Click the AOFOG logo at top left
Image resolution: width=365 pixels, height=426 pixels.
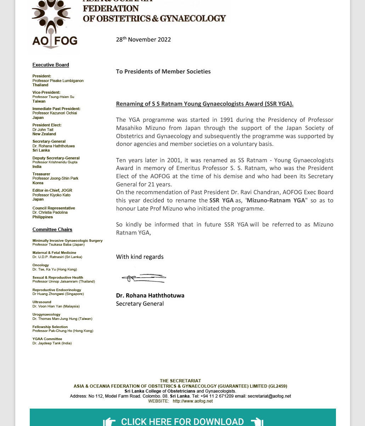pos(55,25)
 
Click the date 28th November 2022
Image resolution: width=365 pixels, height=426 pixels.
pos(143,39)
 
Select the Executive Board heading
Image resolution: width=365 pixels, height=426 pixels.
pos(51,65)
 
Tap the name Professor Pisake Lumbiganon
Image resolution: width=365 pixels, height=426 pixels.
pos(58,81)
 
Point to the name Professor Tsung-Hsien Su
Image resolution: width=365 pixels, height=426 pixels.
pos(53,97)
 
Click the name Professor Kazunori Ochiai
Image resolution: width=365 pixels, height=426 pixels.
pos(55,113)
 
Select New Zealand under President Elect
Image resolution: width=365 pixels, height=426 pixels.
pos(44,134)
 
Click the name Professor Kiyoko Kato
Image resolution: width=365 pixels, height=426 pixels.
pos(51,195)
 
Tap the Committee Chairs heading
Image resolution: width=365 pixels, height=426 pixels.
pos(52,230)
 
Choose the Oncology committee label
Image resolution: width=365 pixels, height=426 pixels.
pos(41,265)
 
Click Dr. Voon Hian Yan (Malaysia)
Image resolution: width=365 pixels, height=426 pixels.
pos(56,306)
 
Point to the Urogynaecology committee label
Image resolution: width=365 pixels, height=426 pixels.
pos(46,315)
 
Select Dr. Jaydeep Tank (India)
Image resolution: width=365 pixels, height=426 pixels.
pos(52,343)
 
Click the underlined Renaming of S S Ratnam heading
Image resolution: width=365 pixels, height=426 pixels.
pos(204,104)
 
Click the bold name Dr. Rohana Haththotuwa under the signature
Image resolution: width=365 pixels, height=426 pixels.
pos(150,295)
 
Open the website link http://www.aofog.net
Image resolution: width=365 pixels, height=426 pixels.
pos(193,401)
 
